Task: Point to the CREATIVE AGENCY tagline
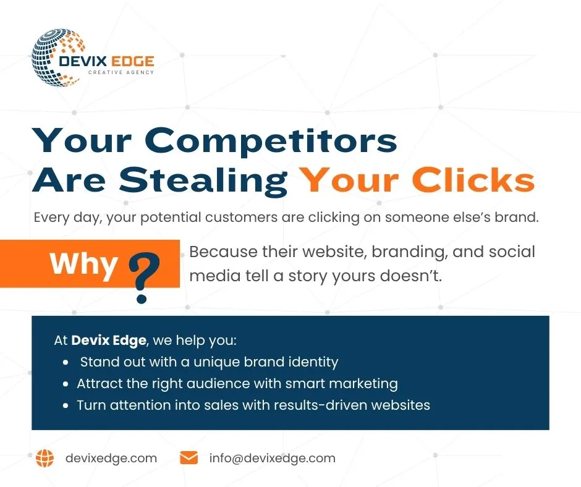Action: (x=121, y=72)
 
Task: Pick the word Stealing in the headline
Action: (x=203, y=180)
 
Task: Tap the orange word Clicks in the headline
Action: (x=473, y=180)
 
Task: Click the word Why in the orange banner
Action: (x=83, y=265)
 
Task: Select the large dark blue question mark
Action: (x=144, y=277)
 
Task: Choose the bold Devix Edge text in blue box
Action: (x=109, y=341)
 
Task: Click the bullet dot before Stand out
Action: (x=66, y=363)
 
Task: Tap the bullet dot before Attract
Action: (x=66, y=384)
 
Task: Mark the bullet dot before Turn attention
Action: (x=66, y=405)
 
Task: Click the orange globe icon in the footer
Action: (x=45, y=458)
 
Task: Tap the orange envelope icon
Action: (x=189, y=458)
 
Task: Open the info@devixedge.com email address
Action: (x=273, y=459)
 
